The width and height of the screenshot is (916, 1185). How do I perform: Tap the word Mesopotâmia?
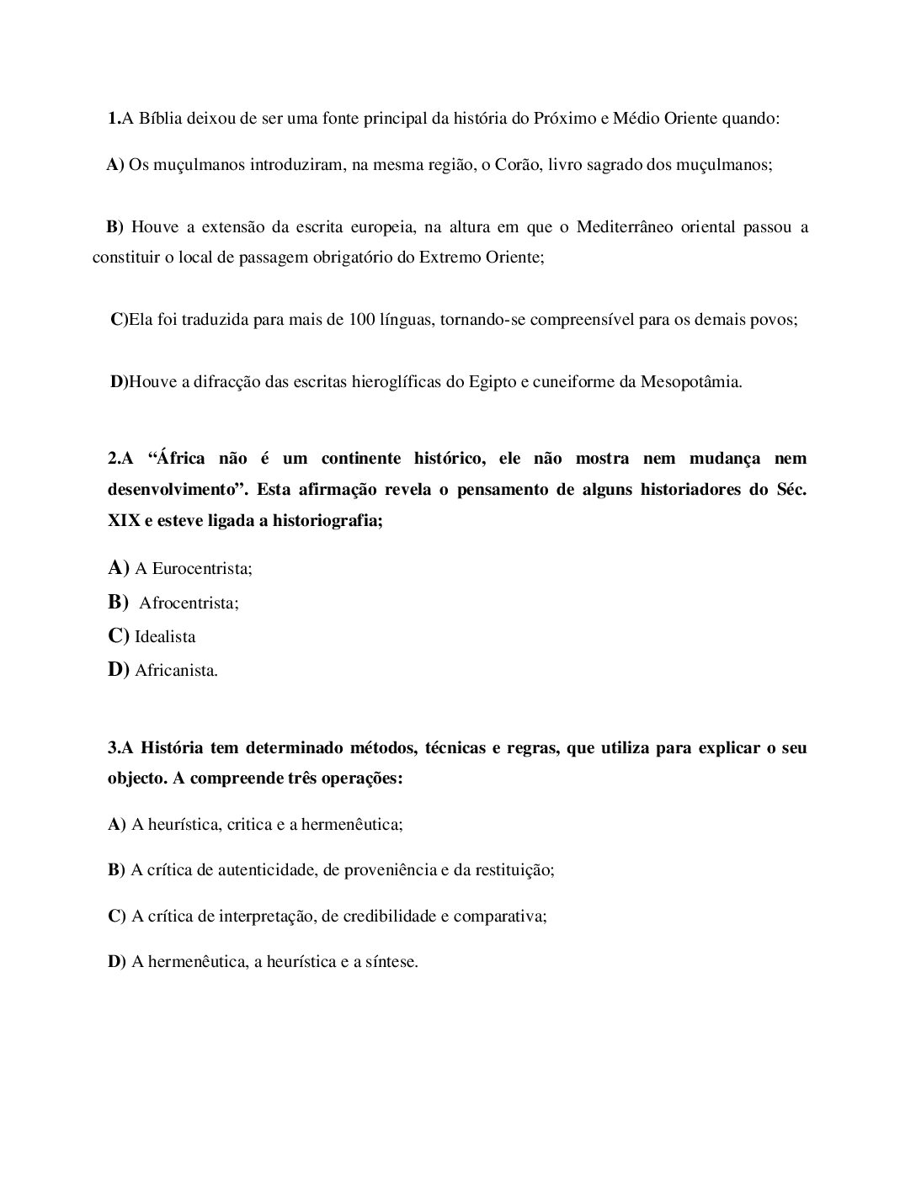(691, 382)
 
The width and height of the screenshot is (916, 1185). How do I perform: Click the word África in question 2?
(183, 459)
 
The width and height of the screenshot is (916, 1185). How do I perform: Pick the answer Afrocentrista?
(189, 603)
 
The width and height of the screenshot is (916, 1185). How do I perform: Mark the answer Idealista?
(165, 637)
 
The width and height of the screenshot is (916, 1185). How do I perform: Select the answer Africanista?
(176, 672)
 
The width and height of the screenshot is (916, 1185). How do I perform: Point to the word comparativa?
(500, 917)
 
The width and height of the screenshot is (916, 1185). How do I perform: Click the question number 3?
(113, 748)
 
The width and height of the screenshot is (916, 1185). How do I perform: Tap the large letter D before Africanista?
(116, 670)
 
